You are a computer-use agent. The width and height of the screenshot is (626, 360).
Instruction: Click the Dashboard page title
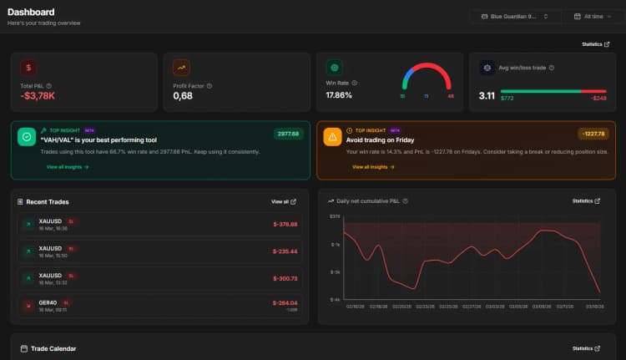31,12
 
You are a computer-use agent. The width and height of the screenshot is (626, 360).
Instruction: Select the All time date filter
593,16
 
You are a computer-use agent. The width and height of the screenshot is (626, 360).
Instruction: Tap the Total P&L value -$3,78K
38,96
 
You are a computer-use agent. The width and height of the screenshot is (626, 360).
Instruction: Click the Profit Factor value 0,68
183,96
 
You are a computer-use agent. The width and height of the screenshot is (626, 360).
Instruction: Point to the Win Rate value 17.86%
339,95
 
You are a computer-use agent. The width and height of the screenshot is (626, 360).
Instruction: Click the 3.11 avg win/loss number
487,96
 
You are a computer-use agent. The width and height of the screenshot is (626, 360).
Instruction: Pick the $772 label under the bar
507,99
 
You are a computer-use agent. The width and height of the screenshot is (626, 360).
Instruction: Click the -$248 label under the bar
598,99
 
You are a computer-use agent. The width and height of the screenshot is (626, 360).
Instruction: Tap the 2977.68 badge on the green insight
288,134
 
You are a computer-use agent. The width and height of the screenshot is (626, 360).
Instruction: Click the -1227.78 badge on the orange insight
593,134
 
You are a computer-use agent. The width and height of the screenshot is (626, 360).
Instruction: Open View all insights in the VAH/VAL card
68,167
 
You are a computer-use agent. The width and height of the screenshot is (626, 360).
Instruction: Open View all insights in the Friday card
373,167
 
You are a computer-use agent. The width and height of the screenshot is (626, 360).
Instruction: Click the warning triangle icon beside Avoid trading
332,137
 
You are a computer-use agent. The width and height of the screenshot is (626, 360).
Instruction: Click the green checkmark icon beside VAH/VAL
27,137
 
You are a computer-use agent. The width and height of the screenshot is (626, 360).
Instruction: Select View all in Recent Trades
283,201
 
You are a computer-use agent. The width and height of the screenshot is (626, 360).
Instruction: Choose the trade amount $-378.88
285,224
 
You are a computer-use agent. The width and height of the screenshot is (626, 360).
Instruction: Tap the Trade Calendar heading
53,348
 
